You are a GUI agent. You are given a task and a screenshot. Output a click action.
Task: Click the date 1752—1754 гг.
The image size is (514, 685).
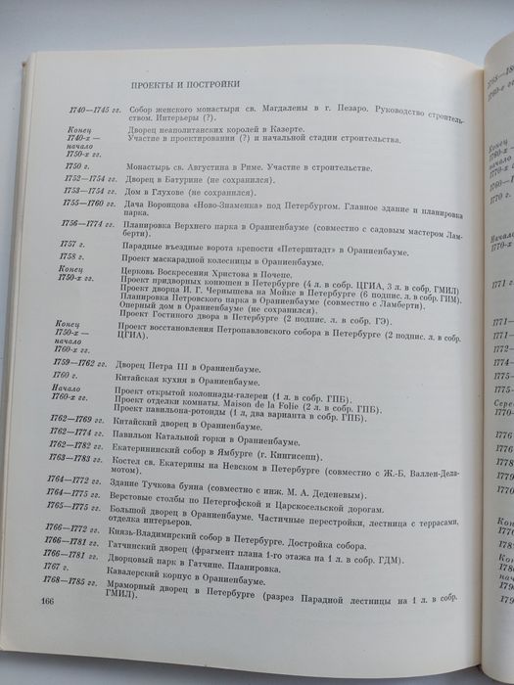click(76, 182)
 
